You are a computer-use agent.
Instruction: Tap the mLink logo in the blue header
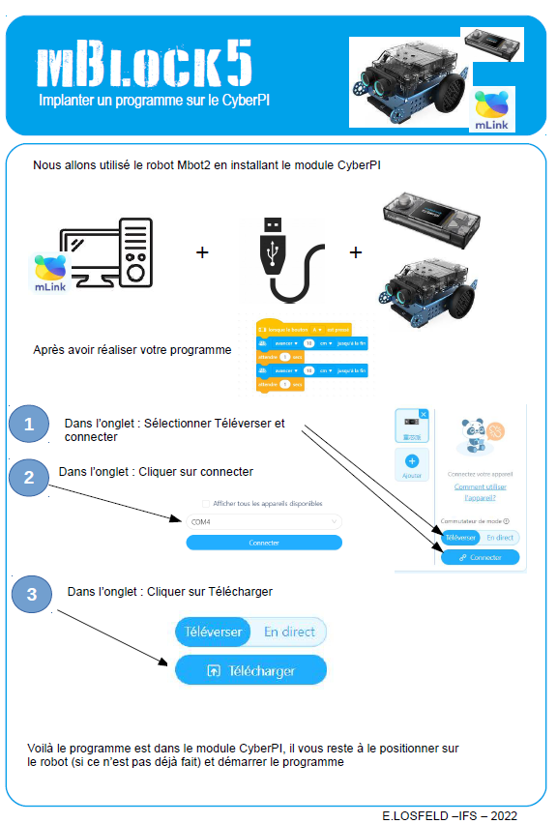pos(493,109)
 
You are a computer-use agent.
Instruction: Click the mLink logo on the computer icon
pos(50,273)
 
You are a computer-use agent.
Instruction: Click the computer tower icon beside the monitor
pos(135,251)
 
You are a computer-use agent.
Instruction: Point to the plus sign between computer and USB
pos(202,252)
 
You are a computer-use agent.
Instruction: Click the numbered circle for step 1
pos(30,424)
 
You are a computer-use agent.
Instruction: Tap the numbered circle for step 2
pos(30,477)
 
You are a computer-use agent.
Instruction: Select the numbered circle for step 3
pos(32,594)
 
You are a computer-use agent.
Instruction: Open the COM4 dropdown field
pos(263,522)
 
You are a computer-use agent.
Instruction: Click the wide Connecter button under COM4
pos(263,543)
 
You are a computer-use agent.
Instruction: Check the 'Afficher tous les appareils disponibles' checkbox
pos(205,503)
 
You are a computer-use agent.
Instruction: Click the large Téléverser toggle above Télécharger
pos(213,632)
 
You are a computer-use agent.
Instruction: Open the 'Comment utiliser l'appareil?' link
pos(481,492)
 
